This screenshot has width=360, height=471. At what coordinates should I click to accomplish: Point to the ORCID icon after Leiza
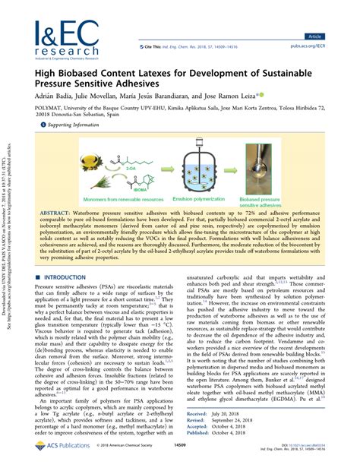(x=262, y=96)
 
